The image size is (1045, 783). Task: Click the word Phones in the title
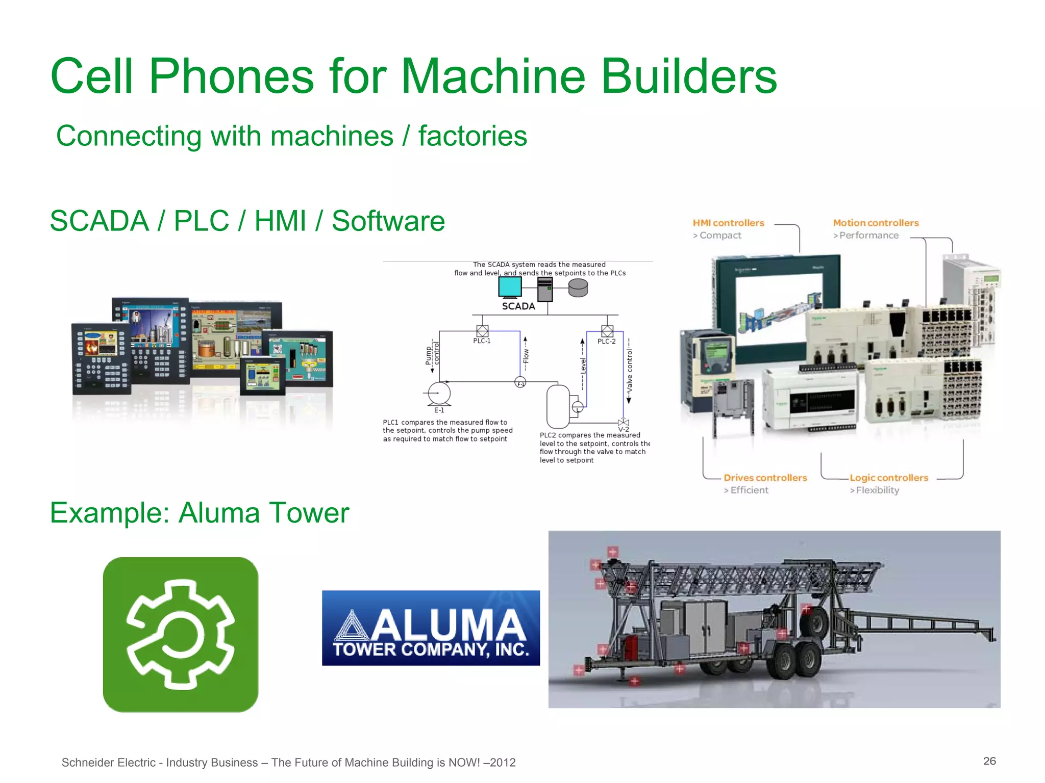click(231, 76)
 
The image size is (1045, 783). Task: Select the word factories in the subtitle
click(472, 136)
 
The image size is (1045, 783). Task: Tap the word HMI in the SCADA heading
click(280, 221)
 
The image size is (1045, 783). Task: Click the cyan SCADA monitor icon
click(510, 287)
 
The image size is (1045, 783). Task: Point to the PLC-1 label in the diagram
click(482, 341)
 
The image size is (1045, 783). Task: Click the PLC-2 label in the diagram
click(606, 342)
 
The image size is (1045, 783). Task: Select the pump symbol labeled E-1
click(439, 393)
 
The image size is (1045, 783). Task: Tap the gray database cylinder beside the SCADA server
click(578, 289)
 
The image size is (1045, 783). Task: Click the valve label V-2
click(624, 429)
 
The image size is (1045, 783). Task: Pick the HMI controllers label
click(728, 223)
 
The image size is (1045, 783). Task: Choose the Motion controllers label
click(876, 223)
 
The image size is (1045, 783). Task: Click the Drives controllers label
click(765, 478)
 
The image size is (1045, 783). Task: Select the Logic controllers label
click(888, 478)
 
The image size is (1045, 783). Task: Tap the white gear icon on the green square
click(181, 635)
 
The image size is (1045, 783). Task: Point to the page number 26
click(989, 761)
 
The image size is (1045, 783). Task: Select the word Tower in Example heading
click(309, 513)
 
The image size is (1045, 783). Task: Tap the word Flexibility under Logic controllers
click(878, 490)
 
